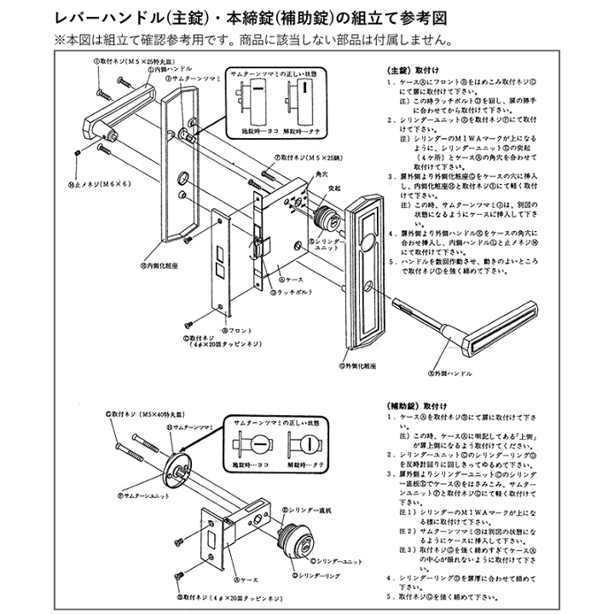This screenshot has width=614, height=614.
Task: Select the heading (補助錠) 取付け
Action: [419, 406]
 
